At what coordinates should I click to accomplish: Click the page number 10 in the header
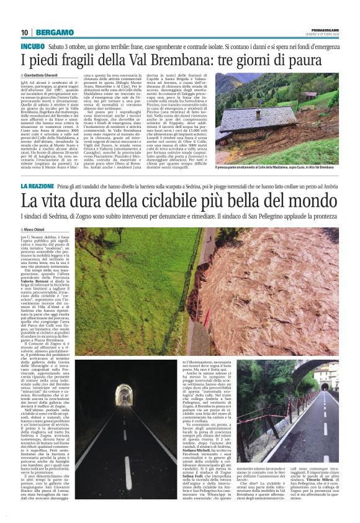tap(24, 32)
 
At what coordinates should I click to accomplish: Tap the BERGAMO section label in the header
tap(53, 32)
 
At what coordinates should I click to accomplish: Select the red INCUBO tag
tap(32, 47)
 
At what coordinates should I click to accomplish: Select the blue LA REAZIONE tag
tap(38, 186)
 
